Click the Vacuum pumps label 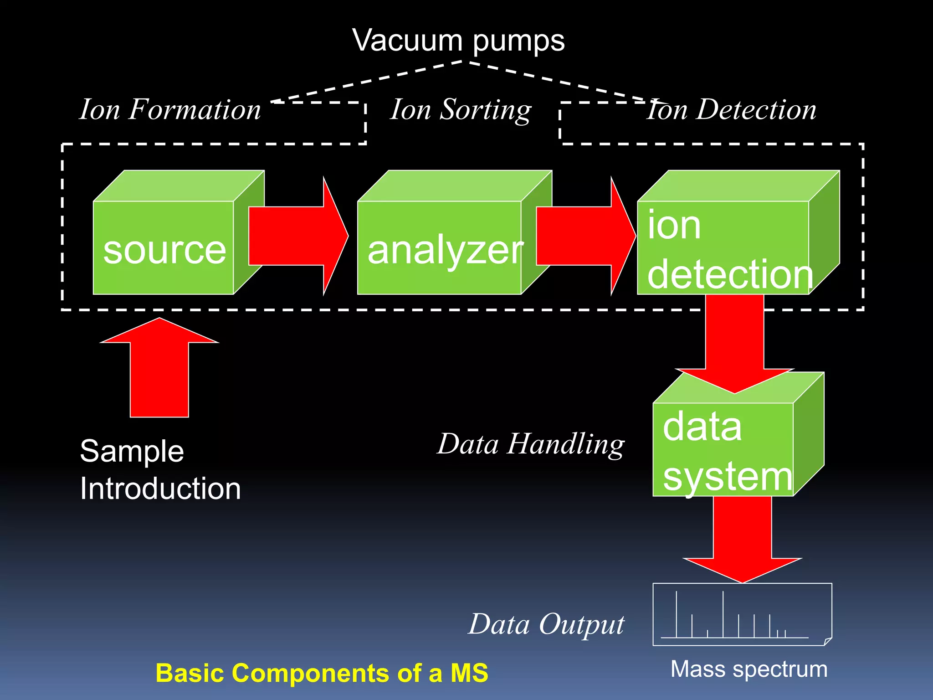(x=458, y=41)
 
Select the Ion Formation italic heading (x=170, y=110)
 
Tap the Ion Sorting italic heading (x=461, y=110)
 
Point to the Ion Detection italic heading (x=732, y=110)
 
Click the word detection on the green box (x=730, y=274)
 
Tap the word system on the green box (x=727, y=476)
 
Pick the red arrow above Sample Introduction (x=159, y=369)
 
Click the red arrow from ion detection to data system (x=734, y=342)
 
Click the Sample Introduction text (x=159, y=470)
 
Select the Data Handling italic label (x=531, y=444)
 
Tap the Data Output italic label (x=546, y=624)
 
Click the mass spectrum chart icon (x=742, y=614)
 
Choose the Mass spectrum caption (x=749, y=669)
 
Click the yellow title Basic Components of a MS (x=322, y=673)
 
